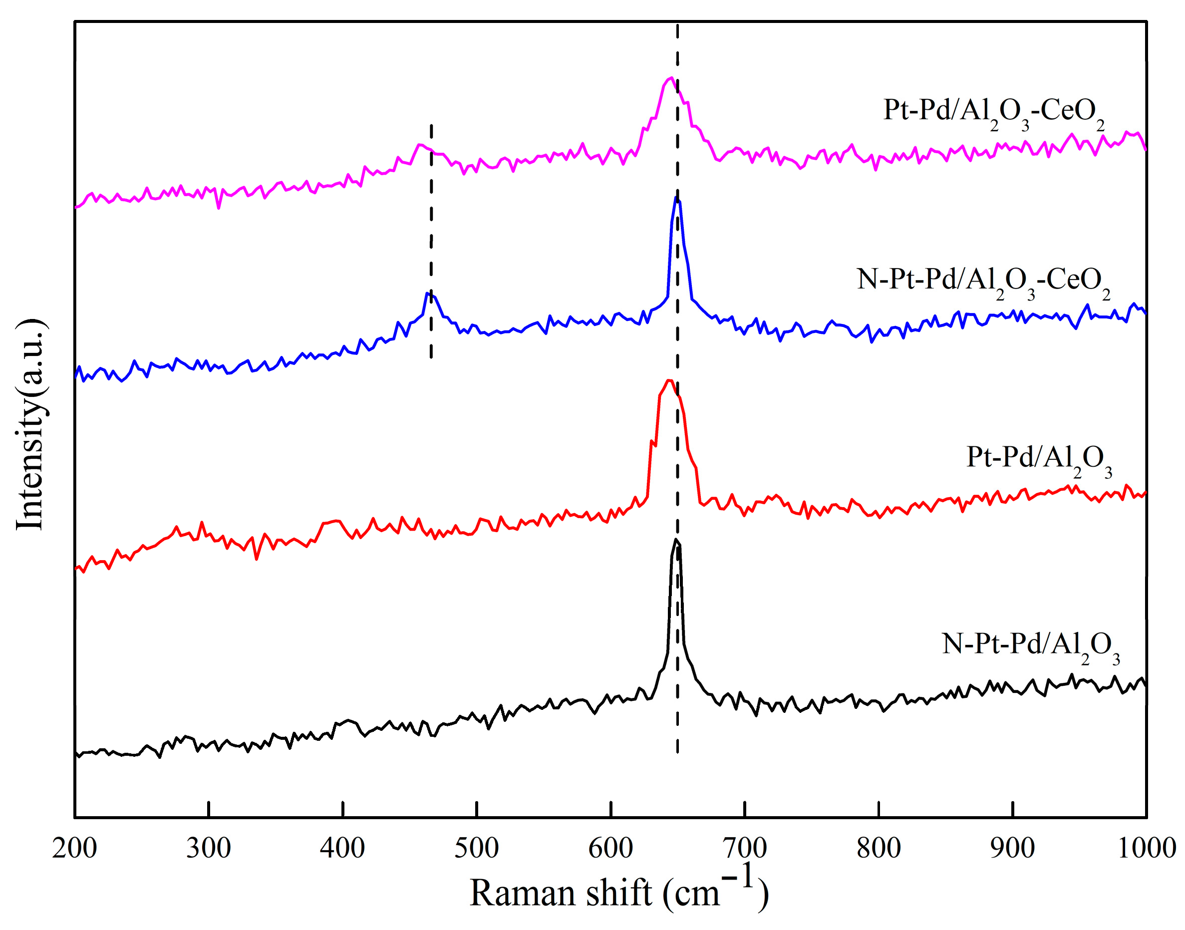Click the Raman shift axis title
click(x=619, y=894)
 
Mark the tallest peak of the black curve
click(x=675, y=540)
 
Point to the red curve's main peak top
click(x=669, y=380)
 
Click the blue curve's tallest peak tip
click(x=676, y=198)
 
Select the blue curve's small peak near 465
click(x=428, y=294)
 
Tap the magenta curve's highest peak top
click(x=671, y=78)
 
